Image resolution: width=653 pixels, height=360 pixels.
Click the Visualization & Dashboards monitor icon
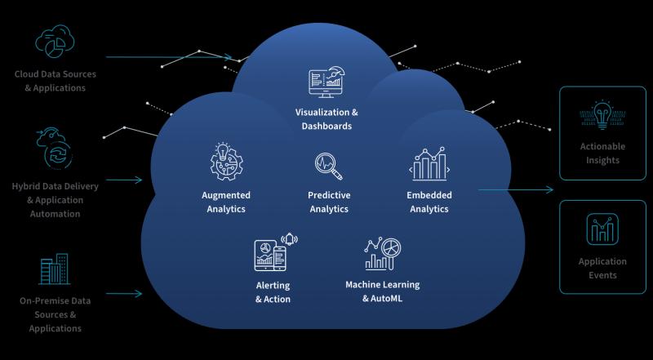tap(327, 82)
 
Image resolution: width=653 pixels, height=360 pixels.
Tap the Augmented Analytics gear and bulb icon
tap(227, 162)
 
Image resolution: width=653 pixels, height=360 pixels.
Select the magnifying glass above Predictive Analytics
tap(329, 166)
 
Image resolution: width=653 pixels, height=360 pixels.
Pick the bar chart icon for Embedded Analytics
tap(429, 164)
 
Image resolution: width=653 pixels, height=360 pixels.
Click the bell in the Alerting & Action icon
tap(290, 239)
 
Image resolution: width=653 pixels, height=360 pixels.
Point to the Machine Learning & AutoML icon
tap(383, 254)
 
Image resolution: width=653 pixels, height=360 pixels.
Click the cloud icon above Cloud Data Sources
tap(55, 42)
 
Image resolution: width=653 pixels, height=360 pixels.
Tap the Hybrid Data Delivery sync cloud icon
tap(55, 149)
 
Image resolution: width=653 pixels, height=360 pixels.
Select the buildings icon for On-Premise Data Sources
tap(55, 269)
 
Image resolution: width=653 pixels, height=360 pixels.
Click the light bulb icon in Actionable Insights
tap(602, 114)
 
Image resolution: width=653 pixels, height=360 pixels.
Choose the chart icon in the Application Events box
tap(602, 229)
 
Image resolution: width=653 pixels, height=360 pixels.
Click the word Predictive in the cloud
tap(329, 195)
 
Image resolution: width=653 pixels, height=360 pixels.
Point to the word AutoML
tap(387, 298)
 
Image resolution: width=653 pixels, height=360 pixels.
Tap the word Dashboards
tap(327, 126)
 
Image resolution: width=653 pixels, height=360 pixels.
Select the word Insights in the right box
tap(602, 160)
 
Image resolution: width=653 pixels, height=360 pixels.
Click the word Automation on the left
tap(55, 214)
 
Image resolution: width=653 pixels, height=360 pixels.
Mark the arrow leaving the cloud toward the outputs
tap(516, 190)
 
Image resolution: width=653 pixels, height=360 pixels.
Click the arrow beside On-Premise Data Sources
tap(124, 294)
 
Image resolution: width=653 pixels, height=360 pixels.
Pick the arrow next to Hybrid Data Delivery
tap(124, 180)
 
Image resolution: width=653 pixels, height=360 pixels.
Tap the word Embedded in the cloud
tap(429, 195)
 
